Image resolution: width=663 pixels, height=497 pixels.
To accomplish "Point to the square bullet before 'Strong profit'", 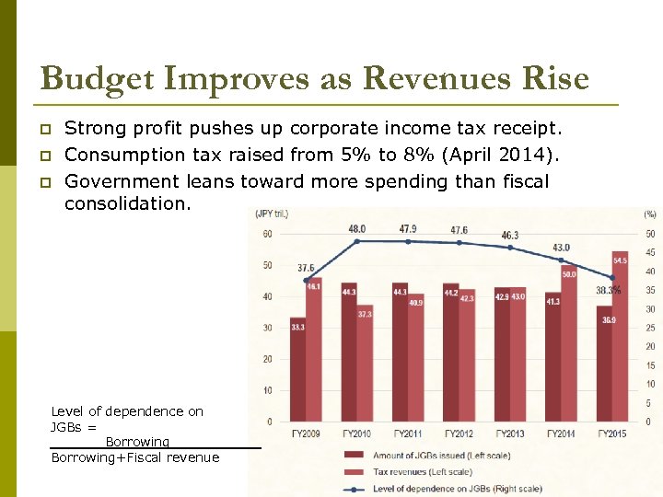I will click(45, 128).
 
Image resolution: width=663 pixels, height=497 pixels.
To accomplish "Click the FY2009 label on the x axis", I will click(305, 433).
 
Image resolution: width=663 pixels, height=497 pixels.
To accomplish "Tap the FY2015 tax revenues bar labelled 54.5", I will click(620, 341).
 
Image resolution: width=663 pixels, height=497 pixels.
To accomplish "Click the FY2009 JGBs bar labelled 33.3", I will click(297, 373).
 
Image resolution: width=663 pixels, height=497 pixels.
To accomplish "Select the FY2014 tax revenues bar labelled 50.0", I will click(569, 350).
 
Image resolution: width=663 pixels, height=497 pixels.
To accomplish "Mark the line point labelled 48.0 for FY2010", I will click(357, 241).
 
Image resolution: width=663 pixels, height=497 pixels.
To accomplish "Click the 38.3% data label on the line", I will click(608, 290).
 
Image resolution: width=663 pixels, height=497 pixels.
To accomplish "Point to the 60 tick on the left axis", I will click(267, 234).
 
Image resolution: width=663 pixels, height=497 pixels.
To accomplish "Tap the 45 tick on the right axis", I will click(649, 253).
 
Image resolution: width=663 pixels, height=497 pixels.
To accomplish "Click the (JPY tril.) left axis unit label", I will click(272, 214).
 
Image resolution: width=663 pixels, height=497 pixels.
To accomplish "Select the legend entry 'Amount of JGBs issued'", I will click(428, 455).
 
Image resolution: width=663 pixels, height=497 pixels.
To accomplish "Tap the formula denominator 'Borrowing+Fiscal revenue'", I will click(135, 457).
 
